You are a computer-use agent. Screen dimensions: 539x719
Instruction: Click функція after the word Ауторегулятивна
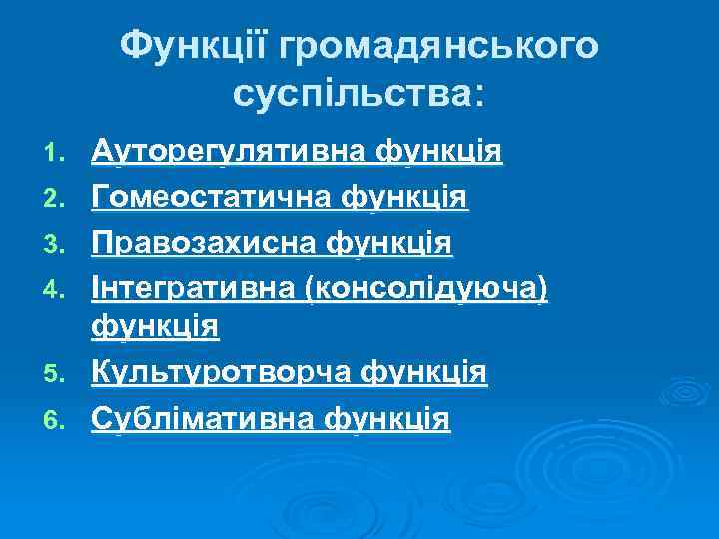pos(439,152)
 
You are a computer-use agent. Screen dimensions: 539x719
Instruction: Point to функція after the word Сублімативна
pos(386,419)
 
